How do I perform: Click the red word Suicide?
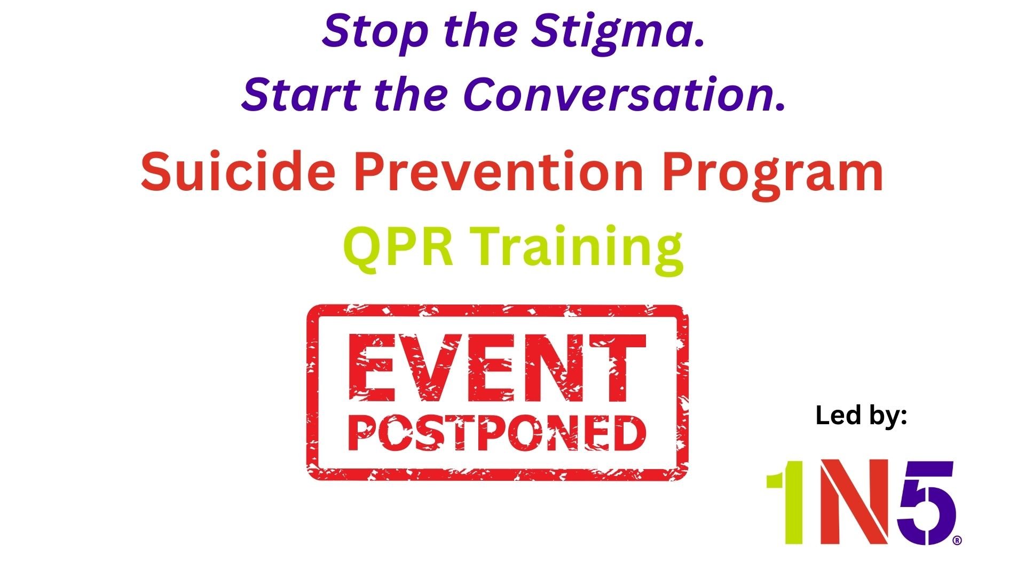pyautogui.click(x=238, y=172)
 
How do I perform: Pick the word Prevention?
pyautogui.click(x=499, y=172)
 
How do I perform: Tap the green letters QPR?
pyautogui.click(x=398, y=246)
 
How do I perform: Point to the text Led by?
pyautogui.click(x=861, y=416)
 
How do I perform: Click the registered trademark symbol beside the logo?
pyautogui.click(x=957, y=540)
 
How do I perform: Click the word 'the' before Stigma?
pyautogui.click(x=480, y=31)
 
